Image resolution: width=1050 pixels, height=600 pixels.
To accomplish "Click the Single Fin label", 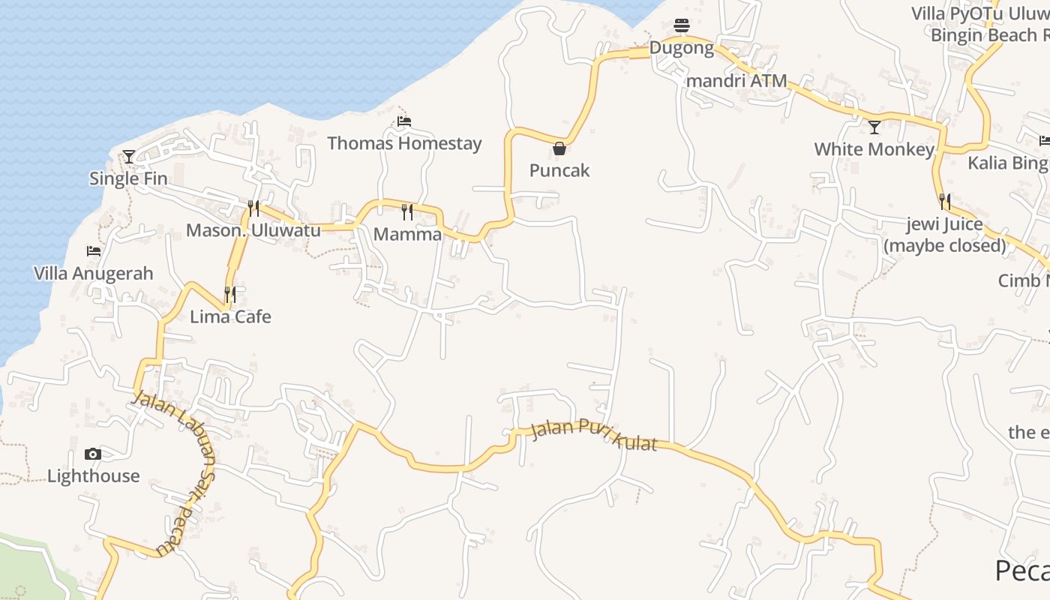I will (128, 178).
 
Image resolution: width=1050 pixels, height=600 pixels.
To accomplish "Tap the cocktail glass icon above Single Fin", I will (129, 157).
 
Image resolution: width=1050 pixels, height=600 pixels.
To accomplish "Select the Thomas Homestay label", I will (404, 143).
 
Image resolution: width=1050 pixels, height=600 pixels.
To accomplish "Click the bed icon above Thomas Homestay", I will (404, 121).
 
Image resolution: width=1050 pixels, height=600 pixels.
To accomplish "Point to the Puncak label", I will (559, 170).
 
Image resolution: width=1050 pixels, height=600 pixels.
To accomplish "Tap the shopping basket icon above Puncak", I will (559, 148).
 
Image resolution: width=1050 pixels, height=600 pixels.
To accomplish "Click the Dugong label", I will (681, 48).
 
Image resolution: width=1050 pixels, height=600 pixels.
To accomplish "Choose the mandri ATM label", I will (736, 80).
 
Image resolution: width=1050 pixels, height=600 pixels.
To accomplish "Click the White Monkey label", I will (874, 149).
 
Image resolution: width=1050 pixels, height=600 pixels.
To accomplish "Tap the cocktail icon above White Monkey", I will (874, 127).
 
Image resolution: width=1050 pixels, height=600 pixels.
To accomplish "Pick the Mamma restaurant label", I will (407, 234).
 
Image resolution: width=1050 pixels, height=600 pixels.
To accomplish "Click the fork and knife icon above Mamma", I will (407, 212).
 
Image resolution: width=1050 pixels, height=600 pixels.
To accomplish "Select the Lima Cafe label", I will (230, 316).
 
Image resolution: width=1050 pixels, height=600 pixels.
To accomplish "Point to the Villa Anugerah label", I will (94, 274).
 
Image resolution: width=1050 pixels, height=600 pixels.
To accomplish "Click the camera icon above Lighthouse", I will (93, 454).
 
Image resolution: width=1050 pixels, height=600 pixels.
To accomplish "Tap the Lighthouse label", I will (93, 475).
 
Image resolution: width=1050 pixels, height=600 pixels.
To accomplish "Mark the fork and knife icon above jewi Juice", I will (944, 202).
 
